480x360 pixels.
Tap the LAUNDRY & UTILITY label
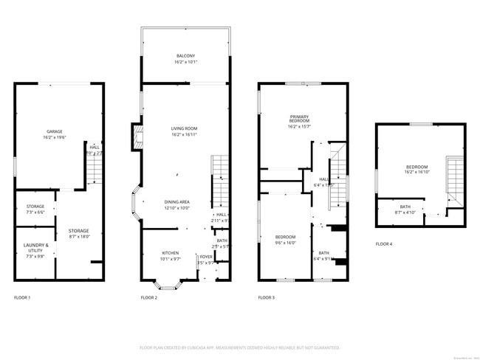pyautogui.click(x=35, y=249)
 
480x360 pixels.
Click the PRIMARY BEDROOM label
pyautogui.click(x=299, y=121)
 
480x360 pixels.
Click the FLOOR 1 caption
pyautogui.click(x=23, y=298)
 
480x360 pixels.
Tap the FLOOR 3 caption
pyautogui.click(x=267, y=298)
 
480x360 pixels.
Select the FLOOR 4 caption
pyautogui.click(x=384, y=243)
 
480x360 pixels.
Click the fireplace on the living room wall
pyautogui.click(x=137, y=137)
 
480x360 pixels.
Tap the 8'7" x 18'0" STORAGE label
pyautogui.click(x=78, y=233)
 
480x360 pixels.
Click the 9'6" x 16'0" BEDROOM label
pyautogui.click(x=285, y=239)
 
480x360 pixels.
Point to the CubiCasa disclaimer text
pyautogui.click(x=239, y=347)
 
